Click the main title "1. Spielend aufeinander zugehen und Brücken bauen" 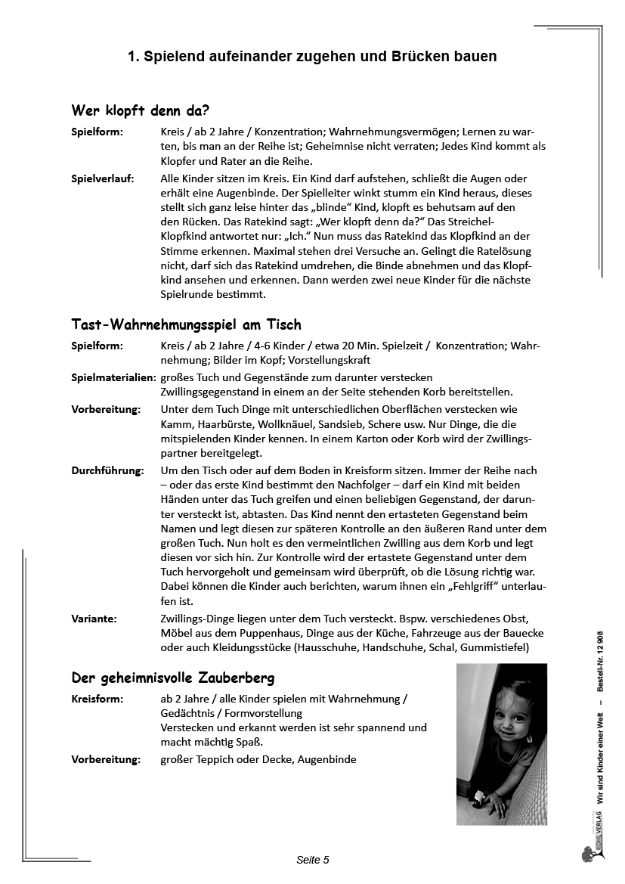(x=312, y=57)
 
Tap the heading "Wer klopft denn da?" (x=140, y=110)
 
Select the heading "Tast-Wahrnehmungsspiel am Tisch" (x=186, y=324)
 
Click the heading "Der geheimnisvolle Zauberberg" (x=172, y=677)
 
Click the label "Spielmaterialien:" (x=113, y=377)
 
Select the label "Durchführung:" (x=107, y=470)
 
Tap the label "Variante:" (x=94, y=619)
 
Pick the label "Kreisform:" (x=97, y=699)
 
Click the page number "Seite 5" (x=312, y=860)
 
